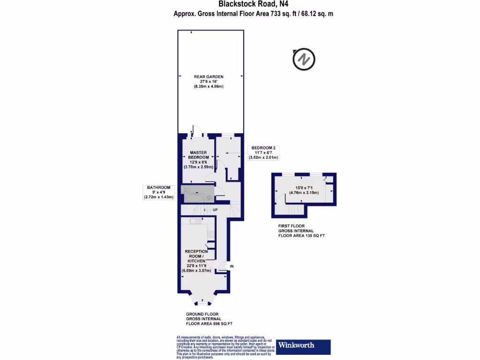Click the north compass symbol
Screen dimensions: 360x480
pos(304,60)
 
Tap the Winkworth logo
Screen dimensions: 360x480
pos(304,346)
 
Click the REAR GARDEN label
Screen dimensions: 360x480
pos(209,76)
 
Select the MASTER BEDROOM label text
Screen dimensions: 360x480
pos(199,155)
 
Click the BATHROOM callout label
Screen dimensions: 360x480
pos(158,187)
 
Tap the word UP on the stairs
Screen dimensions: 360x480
pos(215,210)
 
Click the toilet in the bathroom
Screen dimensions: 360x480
pos(186,190)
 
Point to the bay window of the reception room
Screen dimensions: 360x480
pos(202,300)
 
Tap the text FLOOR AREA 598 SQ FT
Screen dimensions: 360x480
pos(209,324)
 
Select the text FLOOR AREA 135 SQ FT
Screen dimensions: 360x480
pos(301,235)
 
